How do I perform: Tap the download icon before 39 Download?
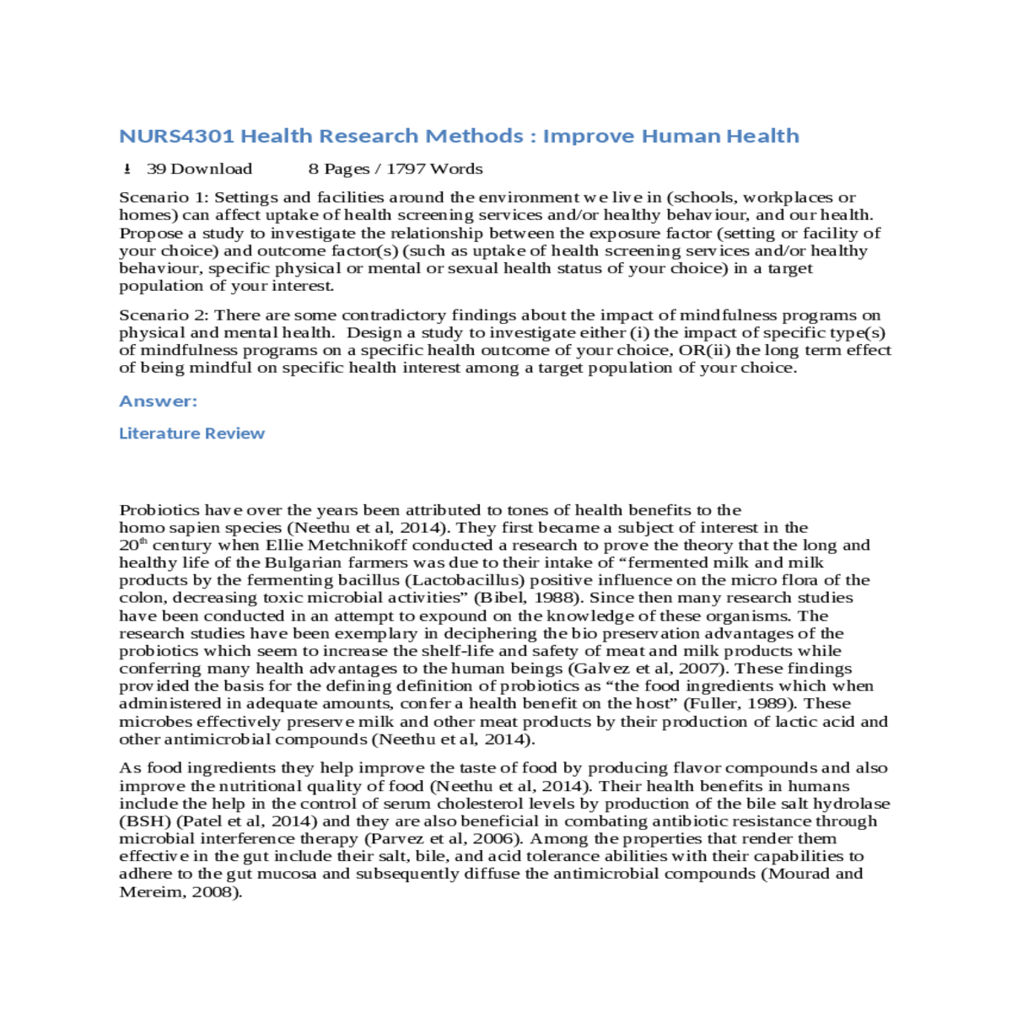[x=127, y=169]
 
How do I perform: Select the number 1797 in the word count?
[x=406, y=169]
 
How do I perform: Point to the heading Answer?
[x=159, y=401]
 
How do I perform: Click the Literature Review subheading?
[x=191, y=433]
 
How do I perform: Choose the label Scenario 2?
[x=164, y=315]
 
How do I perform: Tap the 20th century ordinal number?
[x=132, y=545]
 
